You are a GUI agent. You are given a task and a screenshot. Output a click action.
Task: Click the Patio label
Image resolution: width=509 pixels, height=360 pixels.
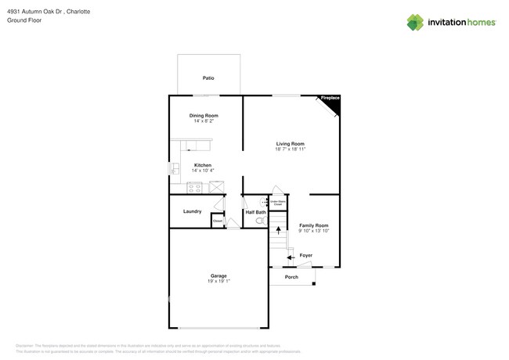pyautogui.click(x=208, y=78)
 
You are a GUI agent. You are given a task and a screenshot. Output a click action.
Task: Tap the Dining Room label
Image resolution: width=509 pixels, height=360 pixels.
pyautogui.click(x=204, y=116)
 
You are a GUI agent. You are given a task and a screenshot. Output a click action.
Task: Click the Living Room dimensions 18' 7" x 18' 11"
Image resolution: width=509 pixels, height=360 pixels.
pyautogui.click(x=290, y=149)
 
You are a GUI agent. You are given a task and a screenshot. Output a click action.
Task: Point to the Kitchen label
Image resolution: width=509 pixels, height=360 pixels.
pyautogui.click(x=203, y=165)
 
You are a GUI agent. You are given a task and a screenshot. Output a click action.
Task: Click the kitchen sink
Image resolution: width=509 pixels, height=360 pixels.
pyautogui.click(x=175, y=168)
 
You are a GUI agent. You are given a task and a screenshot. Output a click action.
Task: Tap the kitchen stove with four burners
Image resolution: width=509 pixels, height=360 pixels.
pyautogui.click(x=194, y=188)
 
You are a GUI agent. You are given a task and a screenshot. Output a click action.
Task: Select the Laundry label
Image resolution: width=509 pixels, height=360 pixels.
pyautogui.click(x=192, y=211)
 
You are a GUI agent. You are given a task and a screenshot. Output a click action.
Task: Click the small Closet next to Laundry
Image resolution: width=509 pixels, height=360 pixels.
pyautogui.click(x=218, y=221)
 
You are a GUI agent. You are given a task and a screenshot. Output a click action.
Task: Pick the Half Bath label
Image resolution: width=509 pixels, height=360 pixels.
pyautogui.click(x=255, y=212)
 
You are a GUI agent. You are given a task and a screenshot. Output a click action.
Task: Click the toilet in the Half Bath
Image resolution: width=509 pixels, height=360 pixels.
pyautogui.click(x=260, y=221)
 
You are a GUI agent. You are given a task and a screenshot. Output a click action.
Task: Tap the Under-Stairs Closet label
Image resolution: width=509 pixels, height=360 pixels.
pyautogui.click(x=277, y=202)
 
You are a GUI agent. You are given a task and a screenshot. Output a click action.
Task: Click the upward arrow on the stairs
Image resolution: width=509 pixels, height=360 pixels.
pyautogui.click(x=277, y=232)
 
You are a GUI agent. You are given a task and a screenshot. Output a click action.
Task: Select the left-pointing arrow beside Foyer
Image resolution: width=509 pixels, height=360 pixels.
pyautogui.click(x=290, y=256)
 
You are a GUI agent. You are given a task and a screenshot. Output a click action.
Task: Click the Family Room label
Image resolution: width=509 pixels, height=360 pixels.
pyautogui.click(x=313, y=225)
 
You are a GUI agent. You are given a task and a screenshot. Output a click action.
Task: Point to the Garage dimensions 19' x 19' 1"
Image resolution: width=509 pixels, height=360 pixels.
pyautogui.click(x=218, y=281)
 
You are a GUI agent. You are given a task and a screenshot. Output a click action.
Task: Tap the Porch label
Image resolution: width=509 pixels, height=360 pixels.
pyautogui.click(x=291, y=277)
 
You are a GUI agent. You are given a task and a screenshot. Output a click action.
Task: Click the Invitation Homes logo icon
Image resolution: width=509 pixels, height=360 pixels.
pyautogui.click(x=415, y=23)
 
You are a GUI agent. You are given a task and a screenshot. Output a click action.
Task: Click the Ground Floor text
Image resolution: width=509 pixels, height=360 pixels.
pyautogui.click(x=24, y=20)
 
